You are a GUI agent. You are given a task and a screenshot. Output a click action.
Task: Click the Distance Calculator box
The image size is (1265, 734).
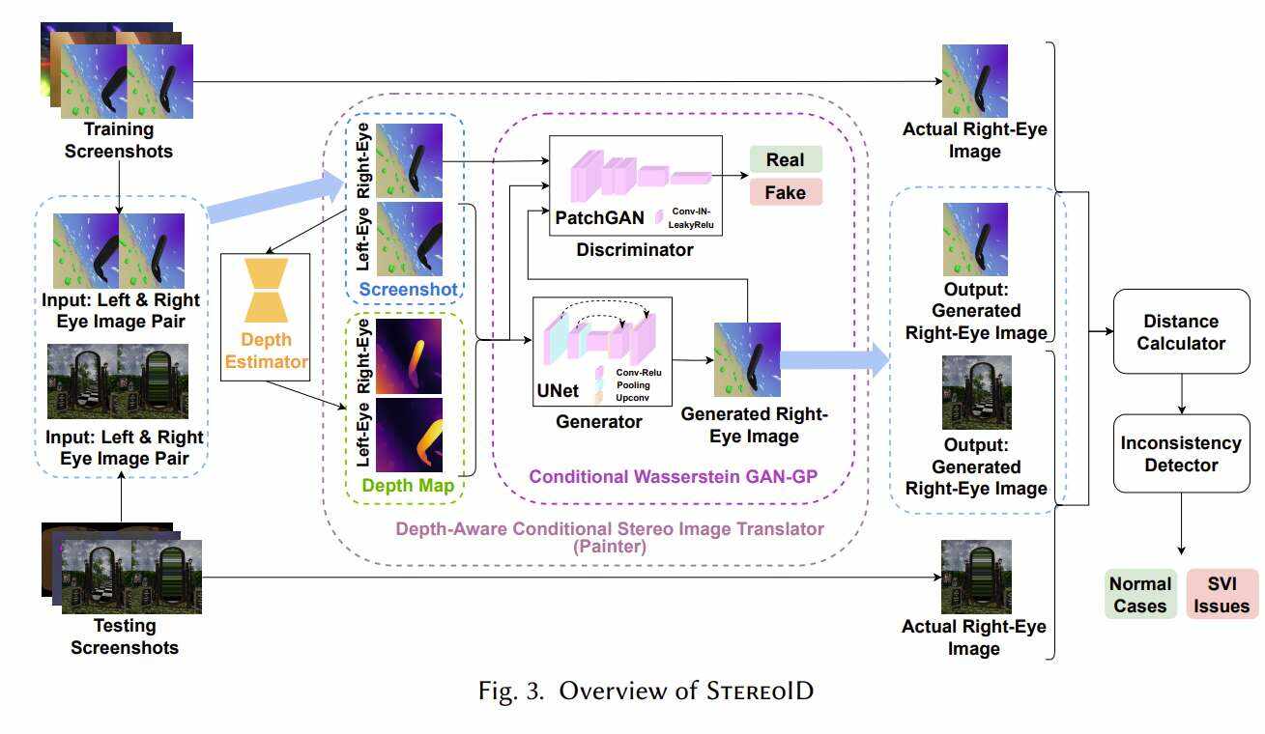(x=1180, y=331)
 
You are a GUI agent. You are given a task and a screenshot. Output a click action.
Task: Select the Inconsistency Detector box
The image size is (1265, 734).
(x=1180, y=453)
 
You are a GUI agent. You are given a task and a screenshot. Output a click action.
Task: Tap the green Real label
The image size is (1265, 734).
(x=785, y=159)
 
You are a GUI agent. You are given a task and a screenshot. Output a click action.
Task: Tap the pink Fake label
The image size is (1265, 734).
(x=785, y=192)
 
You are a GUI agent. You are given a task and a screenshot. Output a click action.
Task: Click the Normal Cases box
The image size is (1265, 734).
(x=1140, y=594)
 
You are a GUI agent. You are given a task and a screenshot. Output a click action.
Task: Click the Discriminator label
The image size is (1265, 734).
(x=634, y=250)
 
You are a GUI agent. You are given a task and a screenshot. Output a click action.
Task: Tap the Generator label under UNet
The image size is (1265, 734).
(x=599, y=422)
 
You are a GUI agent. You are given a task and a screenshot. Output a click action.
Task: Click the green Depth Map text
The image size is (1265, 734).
(x=406, y=485)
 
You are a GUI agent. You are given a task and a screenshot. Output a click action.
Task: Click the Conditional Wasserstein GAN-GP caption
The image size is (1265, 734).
(x=666, y=477)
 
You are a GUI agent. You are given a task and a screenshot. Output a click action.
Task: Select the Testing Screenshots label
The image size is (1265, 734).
(x=125, y=636)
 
